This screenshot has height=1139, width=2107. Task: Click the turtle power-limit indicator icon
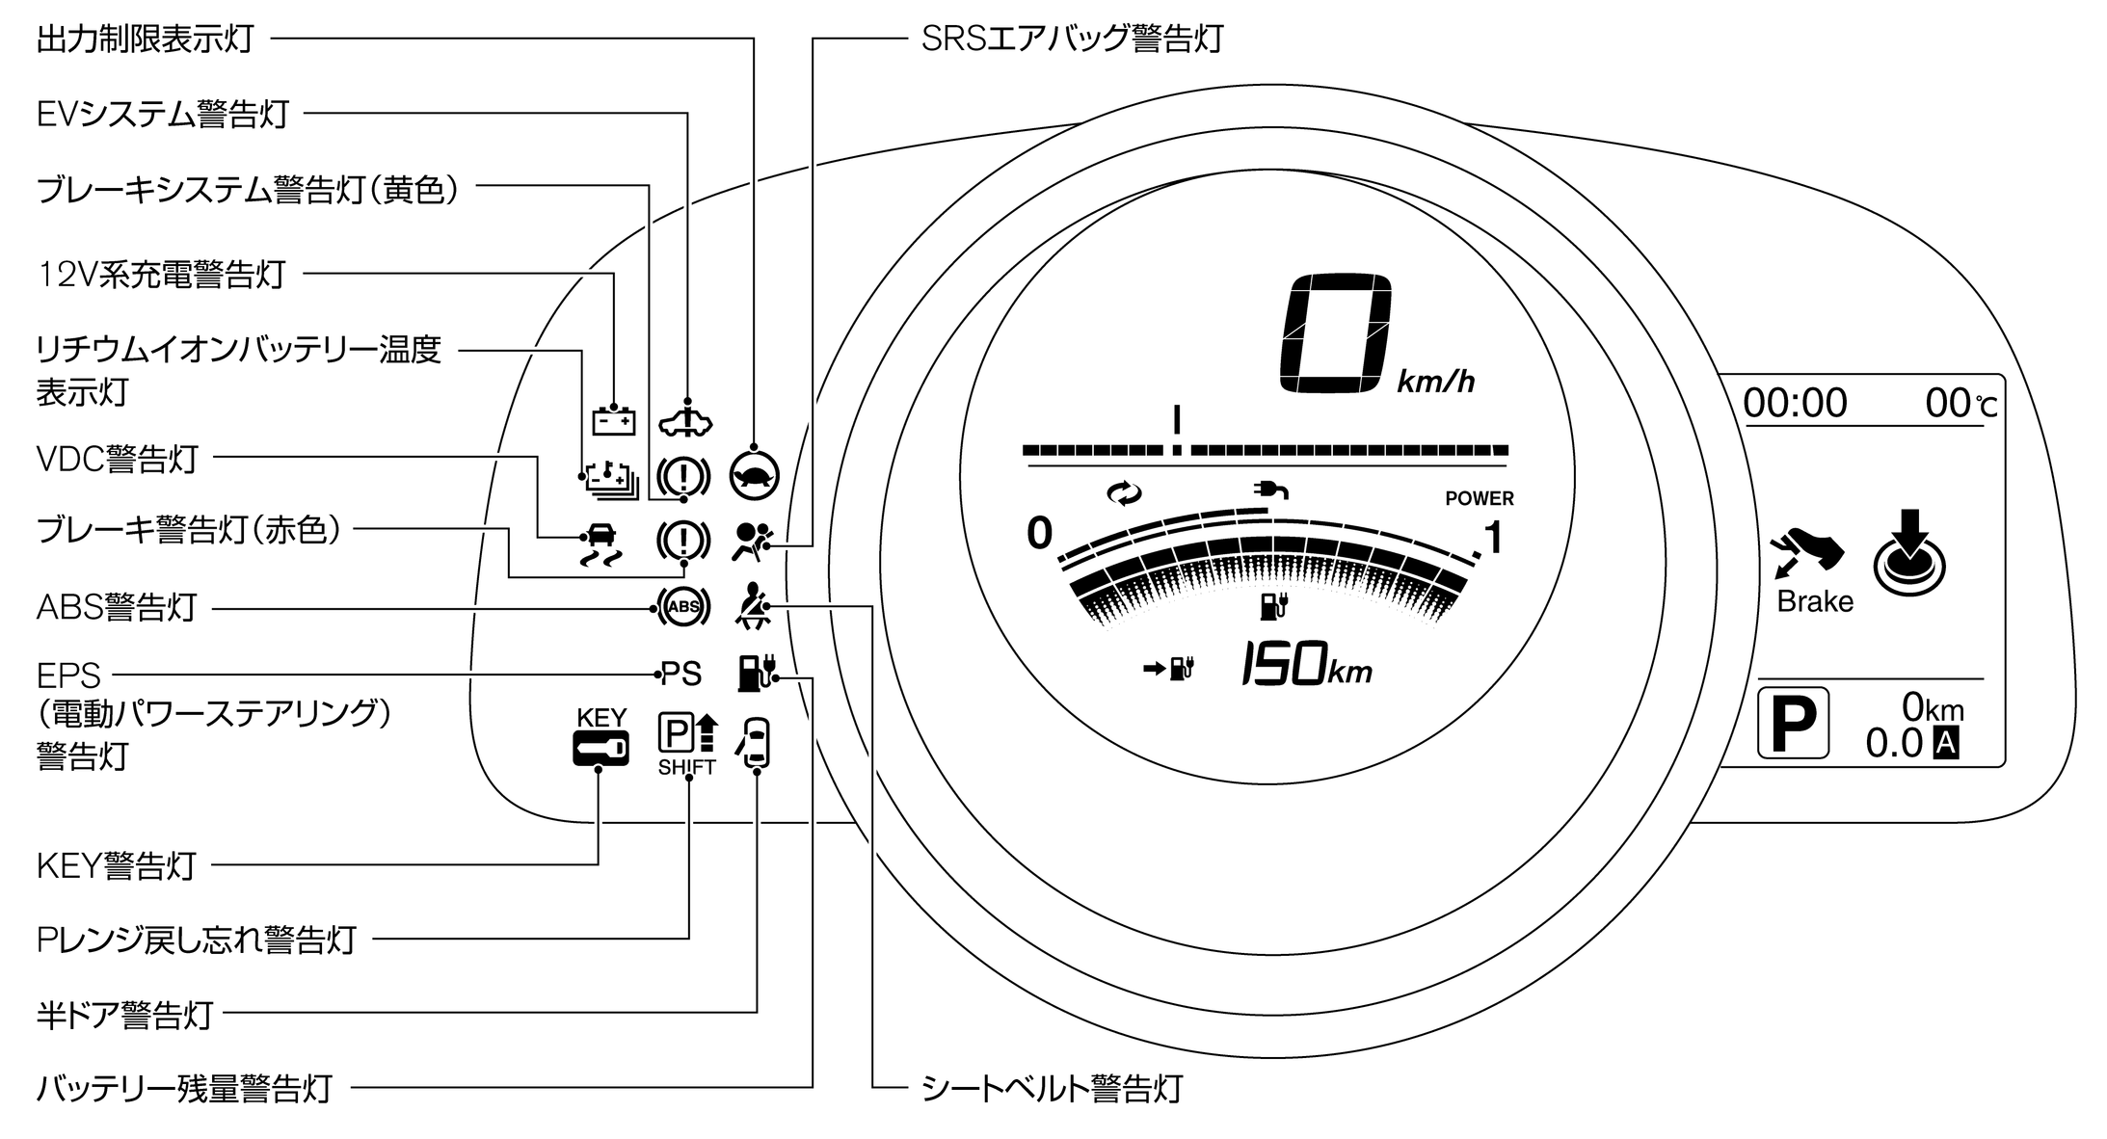[x=754, y=474]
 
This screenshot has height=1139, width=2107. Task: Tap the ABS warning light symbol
[x=682, y=606]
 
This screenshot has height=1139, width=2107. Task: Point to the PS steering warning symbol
[x=681, y=674]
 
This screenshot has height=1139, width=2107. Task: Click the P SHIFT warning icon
[x=687, y=743]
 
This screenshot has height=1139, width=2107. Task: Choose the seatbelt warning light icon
[x=751, y=607]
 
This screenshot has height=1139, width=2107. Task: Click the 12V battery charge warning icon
[x=613, y=421]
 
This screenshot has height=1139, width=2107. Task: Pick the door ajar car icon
[x=755, y=743]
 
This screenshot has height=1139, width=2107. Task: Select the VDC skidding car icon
[x=599, y=543]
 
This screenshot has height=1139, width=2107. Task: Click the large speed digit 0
[x=1335, y=332]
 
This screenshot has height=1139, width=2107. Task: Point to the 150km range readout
[x=1306, y=665]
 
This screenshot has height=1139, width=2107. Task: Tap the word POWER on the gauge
[x=1479, y=498]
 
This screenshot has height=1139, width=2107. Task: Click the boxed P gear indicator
[x=1793, y=722]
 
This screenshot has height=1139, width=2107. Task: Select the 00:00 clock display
[x=1795, y=403]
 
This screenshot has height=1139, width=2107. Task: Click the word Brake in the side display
[x=1815, y=601]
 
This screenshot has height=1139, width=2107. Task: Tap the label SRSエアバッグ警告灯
[x=1072, y=39]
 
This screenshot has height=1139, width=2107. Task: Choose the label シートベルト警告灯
[x=1052, y=1088]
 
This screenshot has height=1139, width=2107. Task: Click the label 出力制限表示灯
[x=145, y=40]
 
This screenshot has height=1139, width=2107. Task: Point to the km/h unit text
[x=1435, y=383]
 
